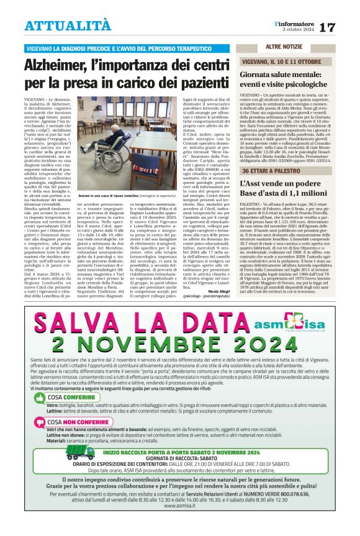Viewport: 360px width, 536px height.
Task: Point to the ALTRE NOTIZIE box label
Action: tap(284, 47)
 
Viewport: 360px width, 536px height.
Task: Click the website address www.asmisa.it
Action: tap(180, 523)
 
